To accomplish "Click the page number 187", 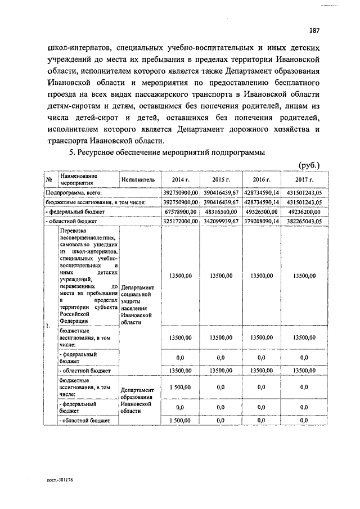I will coord(314,30).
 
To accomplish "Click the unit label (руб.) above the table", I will coord(309,165).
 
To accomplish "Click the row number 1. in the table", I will coord(48,326).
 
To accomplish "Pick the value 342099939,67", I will coord(220,222).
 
